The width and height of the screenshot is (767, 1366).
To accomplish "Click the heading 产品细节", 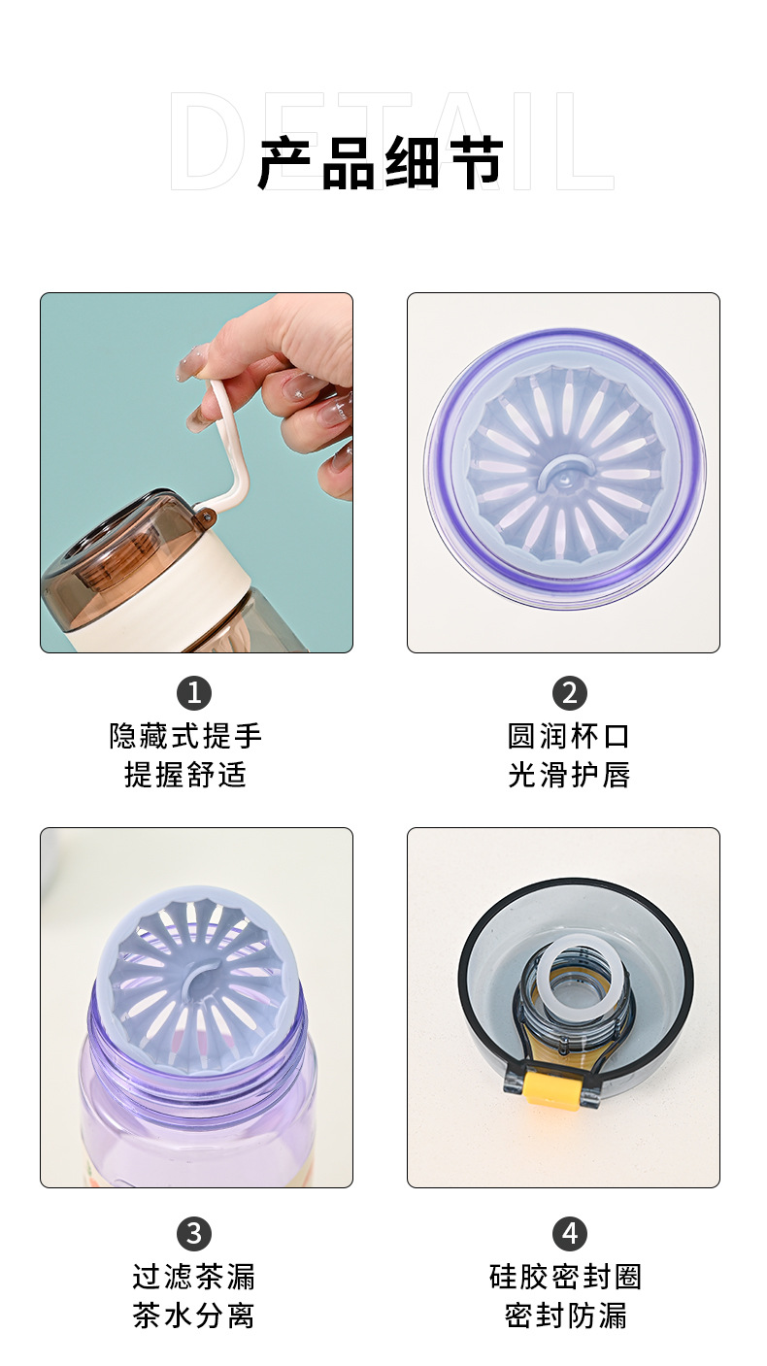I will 381,162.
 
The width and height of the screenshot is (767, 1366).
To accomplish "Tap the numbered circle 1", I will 194,693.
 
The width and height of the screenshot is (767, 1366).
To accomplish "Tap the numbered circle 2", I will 570,693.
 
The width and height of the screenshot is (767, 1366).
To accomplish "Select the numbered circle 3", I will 194,1233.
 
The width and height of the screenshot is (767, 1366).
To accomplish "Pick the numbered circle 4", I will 570,1233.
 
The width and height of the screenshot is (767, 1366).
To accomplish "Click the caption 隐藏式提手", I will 186,736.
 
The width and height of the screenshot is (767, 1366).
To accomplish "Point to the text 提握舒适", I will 186,775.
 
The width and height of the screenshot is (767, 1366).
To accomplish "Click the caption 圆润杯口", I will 569,736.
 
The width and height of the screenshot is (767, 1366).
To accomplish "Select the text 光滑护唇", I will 569,775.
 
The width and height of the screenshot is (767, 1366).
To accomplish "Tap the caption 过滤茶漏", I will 194,1276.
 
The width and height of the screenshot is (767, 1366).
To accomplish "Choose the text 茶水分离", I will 194,1316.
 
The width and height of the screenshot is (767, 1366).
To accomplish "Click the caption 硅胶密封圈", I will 566,1276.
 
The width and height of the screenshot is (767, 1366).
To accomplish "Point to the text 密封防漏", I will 566,1316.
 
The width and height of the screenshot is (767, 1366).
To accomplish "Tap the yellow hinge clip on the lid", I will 548,1085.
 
